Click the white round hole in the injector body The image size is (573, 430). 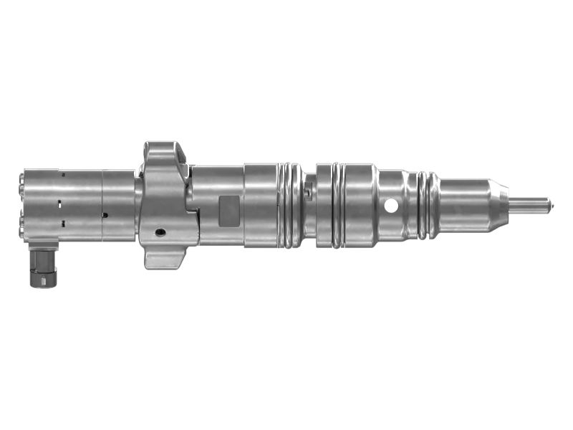click(x=391, y=206)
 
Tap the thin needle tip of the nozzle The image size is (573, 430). click(x=538, y=204)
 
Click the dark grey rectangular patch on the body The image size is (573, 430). click(x=228, y=208)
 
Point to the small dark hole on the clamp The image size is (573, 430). click(x=160, y=232)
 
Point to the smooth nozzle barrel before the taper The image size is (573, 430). click(x=466, y=204)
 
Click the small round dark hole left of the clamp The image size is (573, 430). click(x=105, y=214)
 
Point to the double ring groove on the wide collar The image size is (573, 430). click(x=337, y=206)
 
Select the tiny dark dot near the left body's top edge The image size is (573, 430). click(x=62, y=174)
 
